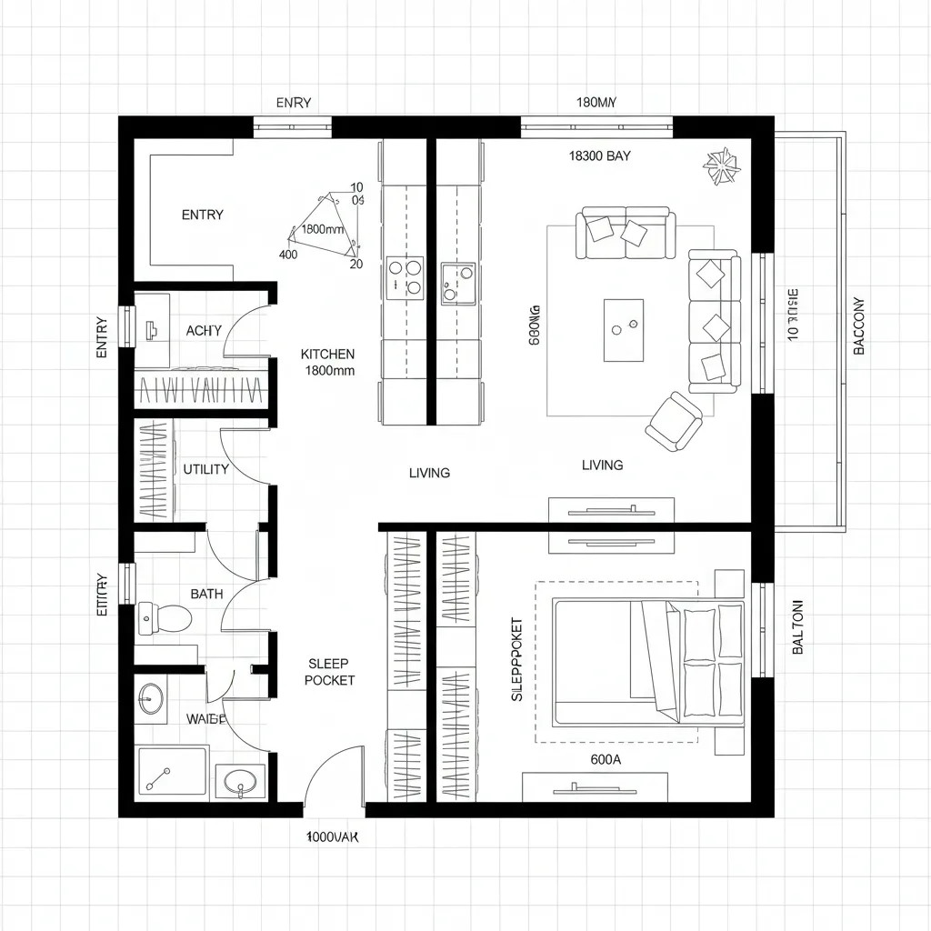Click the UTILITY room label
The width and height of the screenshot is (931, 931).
pyautogui.click(x=205, y=469)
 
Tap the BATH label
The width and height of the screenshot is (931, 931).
pyautogui.click(x=206, y=594)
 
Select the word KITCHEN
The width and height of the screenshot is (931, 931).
pyautogui.click(x=327, y=354)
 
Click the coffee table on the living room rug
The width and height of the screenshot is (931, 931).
pyautogui.click(x=623, y=324)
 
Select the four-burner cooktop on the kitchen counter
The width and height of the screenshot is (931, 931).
pyautogui.click(x=405, y=277)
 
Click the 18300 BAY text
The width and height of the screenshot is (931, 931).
pyautogui.click(x=599, y=155)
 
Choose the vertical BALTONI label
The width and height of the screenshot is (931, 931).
pyautogui.click(x=797, y=626)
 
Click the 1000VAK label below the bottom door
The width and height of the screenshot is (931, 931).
pyautogui.click(x=332, y=837)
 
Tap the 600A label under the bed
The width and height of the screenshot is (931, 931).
pyautogui.click(x=606, y=759)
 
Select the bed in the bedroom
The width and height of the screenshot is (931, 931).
pyautogui.click(x=647, y=662)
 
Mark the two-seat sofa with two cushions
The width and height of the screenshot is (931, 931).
pyautogui.click(x=626, y=233)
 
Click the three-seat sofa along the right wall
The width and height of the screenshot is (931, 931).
pyautogui.click(x=715, y=322)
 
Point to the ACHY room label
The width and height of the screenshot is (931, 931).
pyautogui.click(x=204, y=331)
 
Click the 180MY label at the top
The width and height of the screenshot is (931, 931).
pyautogui.click(x=596, y=103)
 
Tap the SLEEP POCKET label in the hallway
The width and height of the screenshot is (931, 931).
pyautogui.click(x=329, y=672)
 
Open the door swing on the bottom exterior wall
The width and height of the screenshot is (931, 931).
pyautogui.click(x=335, y=777)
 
